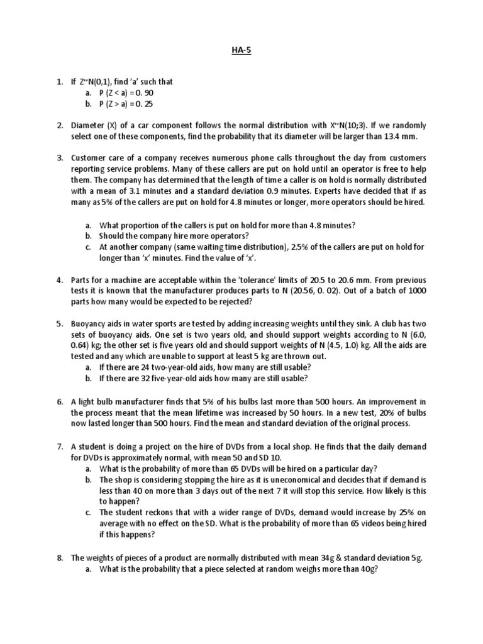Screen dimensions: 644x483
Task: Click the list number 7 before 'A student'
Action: tap(59, 447)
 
